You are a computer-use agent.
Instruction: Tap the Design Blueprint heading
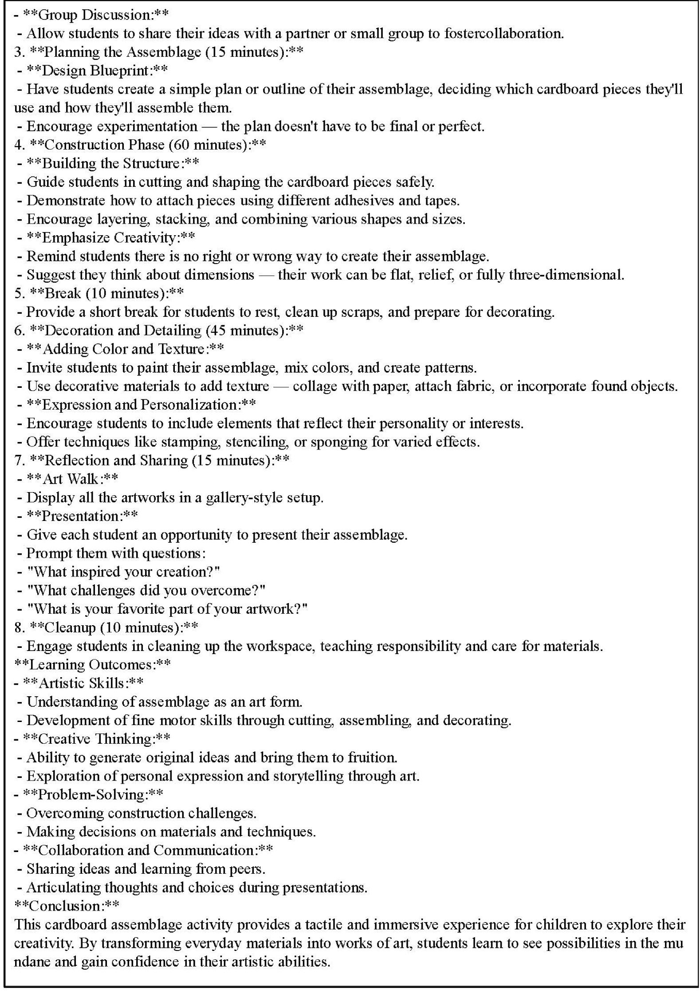[97, 71]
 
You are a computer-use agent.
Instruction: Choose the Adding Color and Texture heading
[125, 349]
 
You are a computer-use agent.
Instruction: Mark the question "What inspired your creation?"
[123, 572]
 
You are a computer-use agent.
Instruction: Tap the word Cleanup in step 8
[70, 627]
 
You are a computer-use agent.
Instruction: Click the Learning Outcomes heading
[92, 664]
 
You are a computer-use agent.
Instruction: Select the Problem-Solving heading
[93, 794]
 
